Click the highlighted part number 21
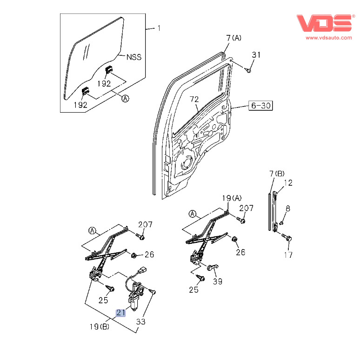(x=121, y=313)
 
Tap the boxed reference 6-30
(x=261, y=106)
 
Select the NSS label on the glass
(x=134, y=57)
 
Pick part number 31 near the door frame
(x=256, y=55)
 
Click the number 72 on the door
(x=194, y=99)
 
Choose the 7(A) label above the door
(x=234, y=37)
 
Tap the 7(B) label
(x=277, y=174)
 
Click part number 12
(x=288, y=183)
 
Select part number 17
(x=288, y=254)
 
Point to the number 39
(x=217, y=281)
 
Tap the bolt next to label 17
(x=287, y=238)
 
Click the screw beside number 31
(x=248, y=70)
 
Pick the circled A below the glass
(x=125, y=98)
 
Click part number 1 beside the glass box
(x=158, y=29)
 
